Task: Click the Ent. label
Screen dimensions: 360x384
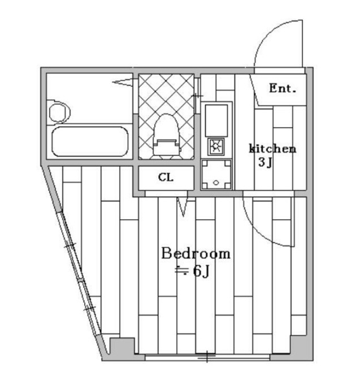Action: (283, 89)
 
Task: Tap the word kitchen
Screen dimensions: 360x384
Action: (272, 149)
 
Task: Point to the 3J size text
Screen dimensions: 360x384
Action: (266, 162)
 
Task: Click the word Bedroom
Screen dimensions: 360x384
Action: (196, 253)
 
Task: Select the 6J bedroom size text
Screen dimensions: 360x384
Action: (201, 271)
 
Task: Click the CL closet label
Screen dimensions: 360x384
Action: (166, 177)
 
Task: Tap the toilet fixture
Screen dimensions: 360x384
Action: (166, 135)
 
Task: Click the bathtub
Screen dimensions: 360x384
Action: (90, 142)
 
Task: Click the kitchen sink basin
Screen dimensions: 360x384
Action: (216, 120)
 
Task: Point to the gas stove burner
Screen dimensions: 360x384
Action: (216, 146)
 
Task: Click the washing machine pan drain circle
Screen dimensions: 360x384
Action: (216, 182)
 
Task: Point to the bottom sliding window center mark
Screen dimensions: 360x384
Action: (207, 356)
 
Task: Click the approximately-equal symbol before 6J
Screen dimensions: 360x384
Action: (181, 270)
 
